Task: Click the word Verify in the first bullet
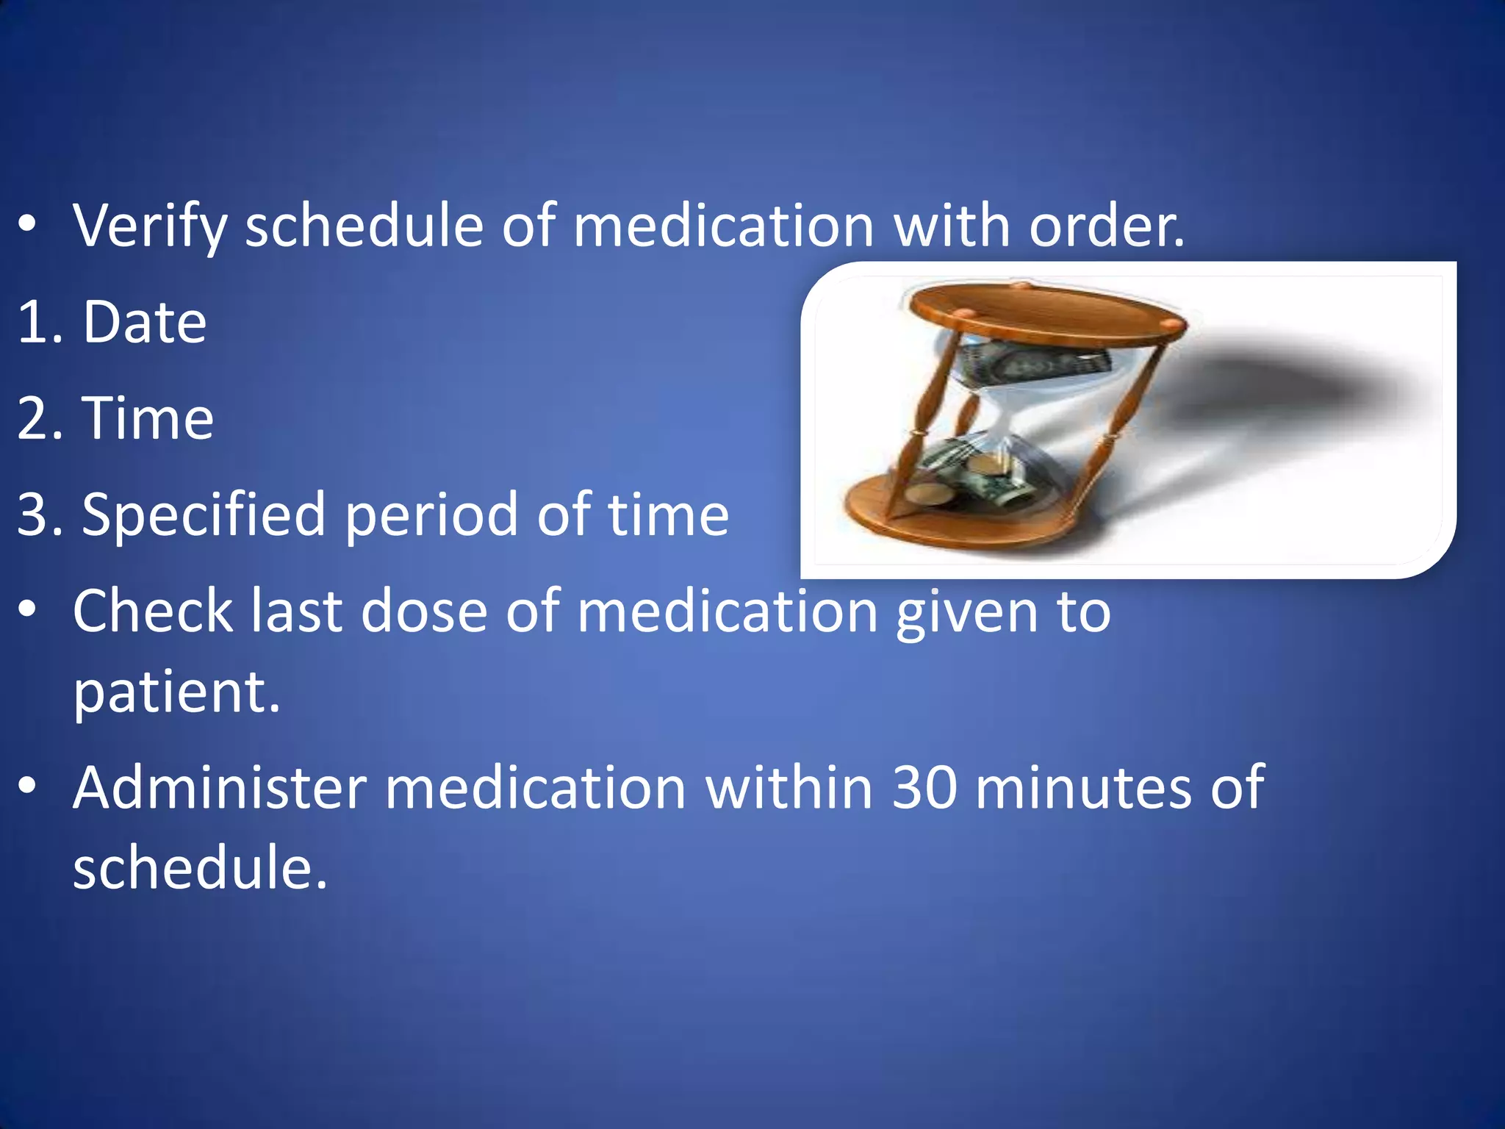(150, 226)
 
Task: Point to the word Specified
(203, 515)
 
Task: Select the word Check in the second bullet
(153, 611)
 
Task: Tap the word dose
(424, 611)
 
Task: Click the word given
(966, 612)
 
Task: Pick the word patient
(176, 692)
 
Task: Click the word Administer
(219, 788)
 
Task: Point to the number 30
(924, 788)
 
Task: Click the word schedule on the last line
(198, 868)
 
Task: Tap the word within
(789, 788)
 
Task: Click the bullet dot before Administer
(27, 787)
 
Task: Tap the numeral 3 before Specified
(32, 515)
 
